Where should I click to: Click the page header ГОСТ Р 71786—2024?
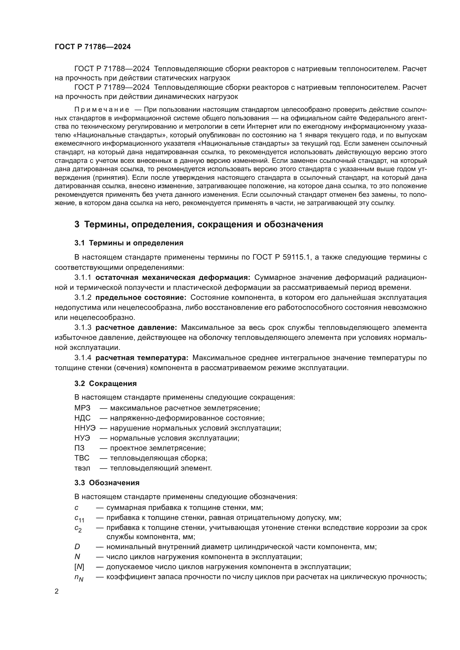pyautogui.click(x=93, y=47)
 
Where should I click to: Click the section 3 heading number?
pyautogui.click(x=77, y=225)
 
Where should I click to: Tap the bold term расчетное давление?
pyautogui.click(x=136, y=328)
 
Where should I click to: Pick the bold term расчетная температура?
pyautogui.click(x=142, y=358)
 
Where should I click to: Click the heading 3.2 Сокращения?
pyautogui.click(x=105, y=383)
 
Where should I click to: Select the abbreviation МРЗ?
pyautogui.click(x=82, y=408)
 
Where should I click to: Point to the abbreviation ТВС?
pyautogui.click(x=82, y=458)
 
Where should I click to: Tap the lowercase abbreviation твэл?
pyautogui.click(x=82, y=468)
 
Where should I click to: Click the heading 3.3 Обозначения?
pyautogui.click(x=107, y=483)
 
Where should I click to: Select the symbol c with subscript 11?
pyautogui.click(x=79, y=518)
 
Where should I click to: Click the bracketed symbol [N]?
pyautogui.click(x=79, y=567)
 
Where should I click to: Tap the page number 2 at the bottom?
pyautogui.click(x=57, y=591)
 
